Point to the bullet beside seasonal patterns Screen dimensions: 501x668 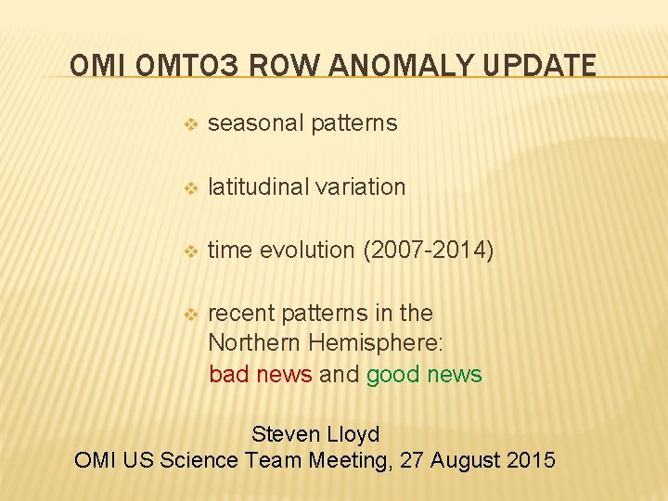click(x=188, y=123)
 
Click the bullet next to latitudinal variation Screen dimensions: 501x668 click(x=188, y=187)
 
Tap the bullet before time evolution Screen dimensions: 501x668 click(x=188, y=250)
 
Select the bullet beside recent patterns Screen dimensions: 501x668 click(x=188, y=314)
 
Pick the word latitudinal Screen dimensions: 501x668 click(x=259, y=186)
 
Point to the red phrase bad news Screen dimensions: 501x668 click(x=261, y=375)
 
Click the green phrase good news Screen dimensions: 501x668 click(x=424, y=375)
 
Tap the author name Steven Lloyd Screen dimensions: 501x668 click(x=315, y=433)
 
